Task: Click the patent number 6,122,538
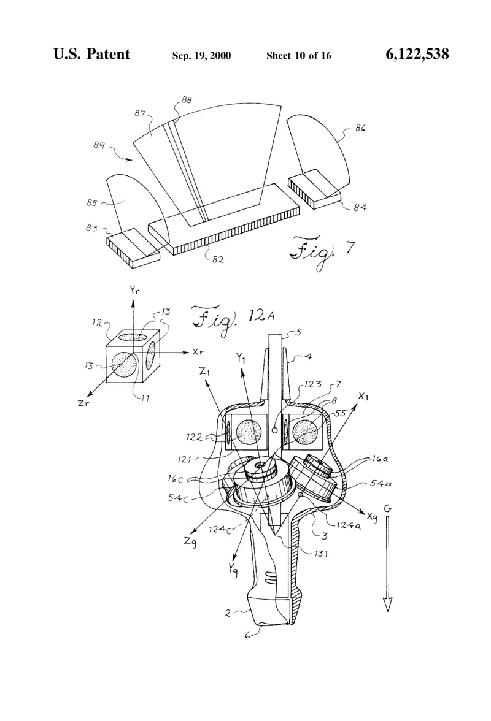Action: click(x=417, y=54)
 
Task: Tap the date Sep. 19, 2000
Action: click(x=201, y=56)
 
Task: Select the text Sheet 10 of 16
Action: click(x=299, y=56)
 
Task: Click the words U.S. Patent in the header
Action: click(x=91, y=54)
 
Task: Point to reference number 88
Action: click(x=187, y=100)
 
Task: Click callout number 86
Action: click(x=360, y=128)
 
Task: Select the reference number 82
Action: click(x=218, y=259)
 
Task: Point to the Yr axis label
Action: click(x=134, y=289)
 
